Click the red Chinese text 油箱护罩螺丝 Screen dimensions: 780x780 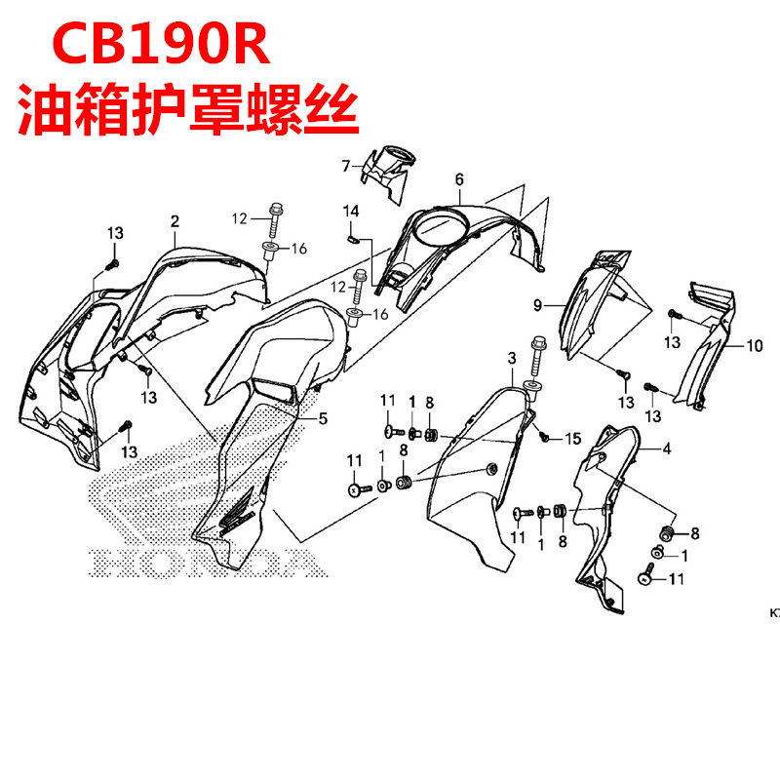point(184,109)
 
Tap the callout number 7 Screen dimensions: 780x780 point(344,167)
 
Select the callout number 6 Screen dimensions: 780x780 point(458,178)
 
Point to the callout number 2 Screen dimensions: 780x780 point(175,222)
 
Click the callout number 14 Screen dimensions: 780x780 point(351,211)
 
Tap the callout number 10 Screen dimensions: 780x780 point(755,345)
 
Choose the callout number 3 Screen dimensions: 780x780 point(511,361)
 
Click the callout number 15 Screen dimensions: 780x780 point(572,436)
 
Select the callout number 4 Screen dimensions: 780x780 point(667,449)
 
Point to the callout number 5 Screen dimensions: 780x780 point(323,419)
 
